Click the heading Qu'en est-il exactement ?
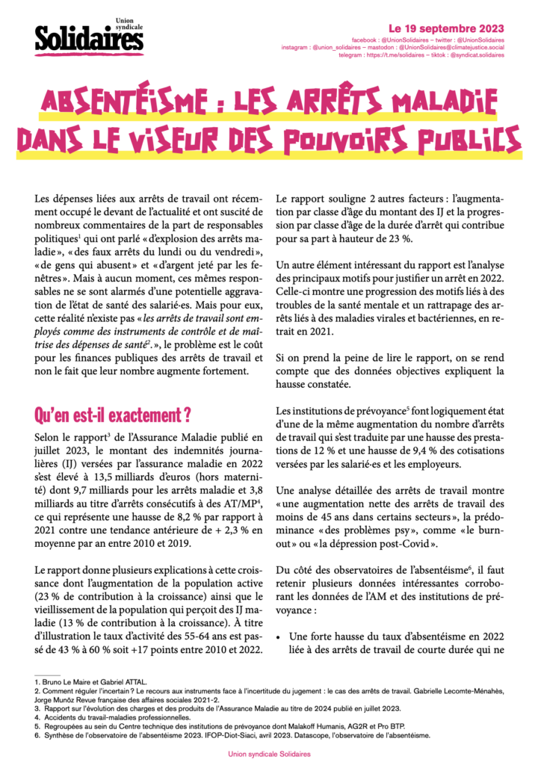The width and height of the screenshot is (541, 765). coord(112,413)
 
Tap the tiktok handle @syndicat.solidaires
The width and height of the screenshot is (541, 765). coord(474,55)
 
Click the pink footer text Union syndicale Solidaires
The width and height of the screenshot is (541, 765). coord(270,755)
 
